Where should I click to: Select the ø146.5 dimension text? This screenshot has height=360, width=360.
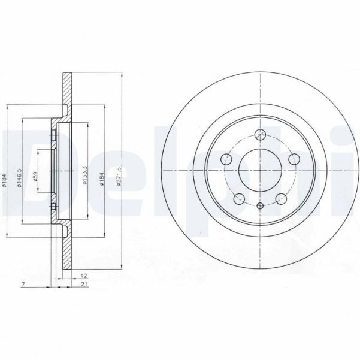20,178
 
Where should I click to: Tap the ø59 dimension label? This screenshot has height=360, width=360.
36,178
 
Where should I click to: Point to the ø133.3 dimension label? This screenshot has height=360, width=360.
86,174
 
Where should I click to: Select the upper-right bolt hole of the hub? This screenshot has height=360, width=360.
294,159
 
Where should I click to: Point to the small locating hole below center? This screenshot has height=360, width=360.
261,206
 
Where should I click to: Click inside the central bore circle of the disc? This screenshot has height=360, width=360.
261,171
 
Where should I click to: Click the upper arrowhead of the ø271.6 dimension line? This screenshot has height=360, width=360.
122,77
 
